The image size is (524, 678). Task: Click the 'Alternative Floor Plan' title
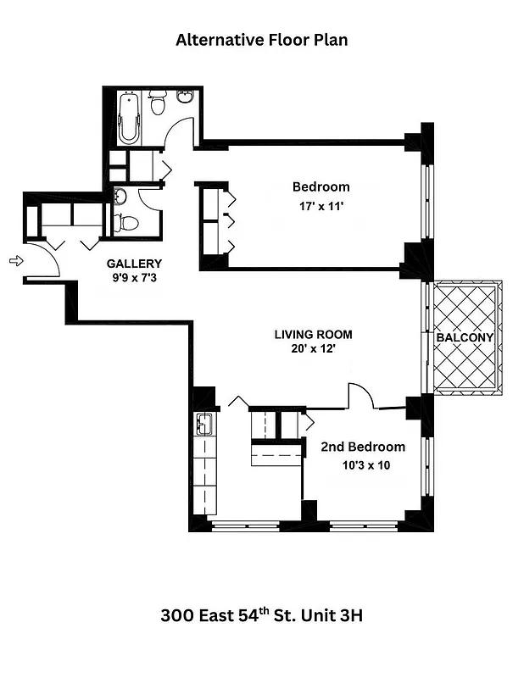pyautogui.click(x=261, y=39)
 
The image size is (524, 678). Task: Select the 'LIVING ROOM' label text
pyautogui.click(x=313, y=335)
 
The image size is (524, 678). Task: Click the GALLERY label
pyautogui.click(x=133, y=264)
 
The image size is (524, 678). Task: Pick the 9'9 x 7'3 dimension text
pyautogui.click(x=133, y=277)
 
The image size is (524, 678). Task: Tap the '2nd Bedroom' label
pyautogui.click(x=362, y=447)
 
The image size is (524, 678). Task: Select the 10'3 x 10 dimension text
pyautogui.click(x=362, y=464)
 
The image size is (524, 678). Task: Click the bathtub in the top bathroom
pyautogui.click(x=128, y=118)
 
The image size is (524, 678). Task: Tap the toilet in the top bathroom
pyautogui.click(x=157, y=104)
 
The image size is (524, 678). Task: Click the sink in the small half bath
pyautogui.click(x=120, y=197)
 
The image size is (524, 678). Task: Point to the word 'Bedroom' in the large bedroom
pyautogui.click(x=321, y=187)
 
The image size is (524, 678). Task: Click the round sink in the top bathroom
pyautogui.click(x=185, y=98)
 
